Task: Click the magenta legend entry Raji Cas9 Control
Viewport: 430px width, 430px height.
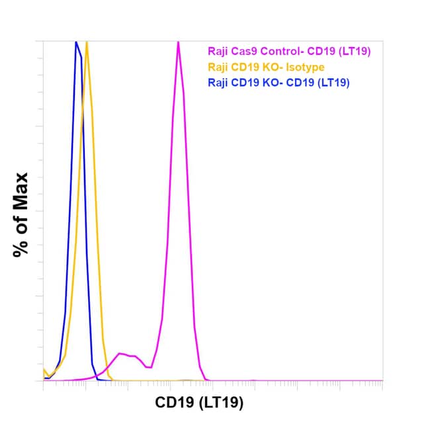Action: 279,50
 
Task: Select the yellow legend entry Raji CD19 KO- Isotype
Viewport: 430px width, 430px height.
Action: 266,66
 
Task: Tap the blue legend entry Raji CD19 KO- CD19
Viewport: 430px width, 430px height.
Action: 279,83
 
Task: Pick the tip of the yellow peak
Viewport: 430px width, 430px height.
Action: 87,42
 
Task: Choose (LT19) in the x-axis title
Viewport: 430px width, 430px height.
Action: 222,402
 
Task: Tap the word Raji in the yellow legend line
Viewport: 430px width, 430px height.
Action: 218,66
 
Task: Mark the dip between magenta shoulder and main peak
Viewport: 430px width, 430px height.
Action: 150,366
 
